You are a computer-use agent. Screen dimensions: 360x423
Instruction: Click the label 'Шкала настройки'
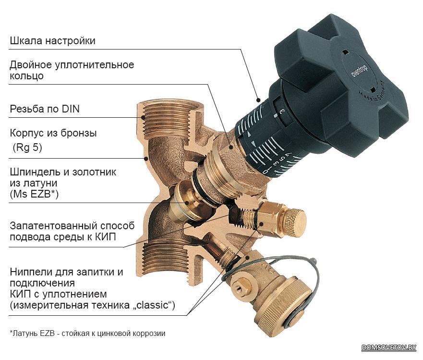pyautogui.click(x=52, y=41)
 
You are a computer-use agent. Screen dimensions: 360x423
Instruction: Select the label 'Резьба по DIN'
pyautogui.click(x=45, y=109)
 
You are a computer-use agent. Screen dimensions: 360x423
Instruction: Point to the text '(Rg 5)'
pyautogui.click(x=27, y=148)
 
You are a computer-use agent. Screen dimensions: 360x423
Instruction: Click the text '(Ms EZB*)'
pyautogui.click(x=34, y=195)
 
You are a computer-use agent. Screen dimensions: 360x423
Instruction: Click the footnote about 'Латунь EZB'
pyautogui.click(x=87, y=333)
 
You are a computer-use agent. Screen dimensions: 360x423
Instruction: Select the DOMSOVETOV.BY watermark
pyautogui.click(x=389, y=347)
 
